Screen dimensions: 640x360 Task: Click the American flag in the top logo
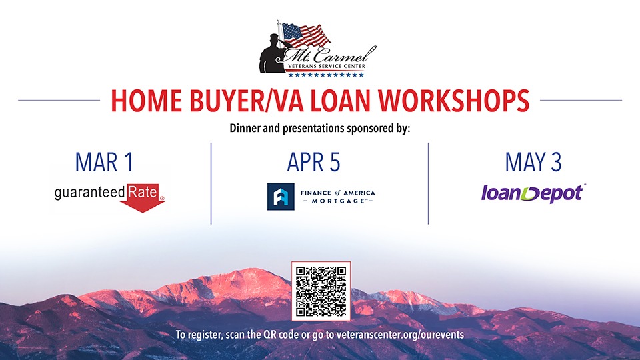305,35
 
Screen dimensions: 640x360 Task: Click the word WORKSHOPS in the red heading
453,101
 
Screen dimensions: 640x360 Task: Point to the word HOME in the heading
146,101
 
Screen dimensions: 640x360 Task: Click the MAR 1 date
105,162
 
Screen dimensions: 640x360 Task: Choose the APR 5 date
313,162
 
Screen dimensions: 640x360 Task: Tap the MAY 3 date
533,162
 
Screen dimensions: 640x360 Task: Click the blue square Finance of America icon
281,197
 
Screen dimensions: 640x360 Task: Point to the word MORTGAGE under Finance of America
338,201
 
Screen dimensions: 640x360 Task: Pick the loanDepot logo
533,193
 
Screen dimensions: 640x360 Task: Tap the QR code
321,291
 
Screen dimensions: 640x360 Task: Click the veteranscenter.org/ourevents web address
400,335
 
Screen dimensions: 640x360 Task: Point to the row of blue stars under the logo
326,75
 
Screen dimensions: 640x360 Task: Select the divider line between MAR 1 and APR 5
211,183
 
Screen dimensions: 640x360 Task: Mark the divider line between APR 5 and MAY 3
428,183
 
